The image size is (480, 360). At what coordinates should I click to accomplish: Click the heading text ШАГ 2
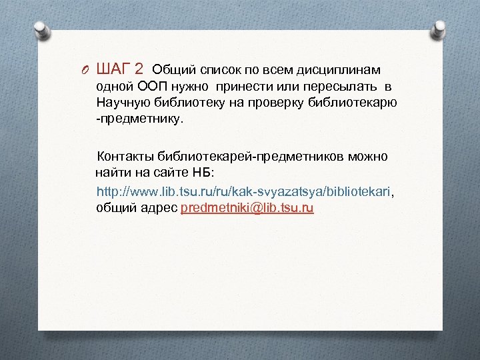(120, 69)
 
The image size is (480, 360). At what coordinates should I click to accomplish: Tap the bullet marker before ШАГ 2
(85, 70)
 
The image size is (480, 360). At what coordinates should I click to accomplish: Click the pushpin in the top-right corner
(439, 29)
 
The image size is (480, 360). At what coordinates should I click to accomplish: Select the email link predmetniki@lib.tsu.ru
(247, 208)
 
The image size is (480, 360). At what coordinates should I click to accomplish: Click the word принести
(251, 87)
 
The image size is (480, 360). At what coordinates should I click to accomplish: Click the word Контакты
(126, 157)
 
